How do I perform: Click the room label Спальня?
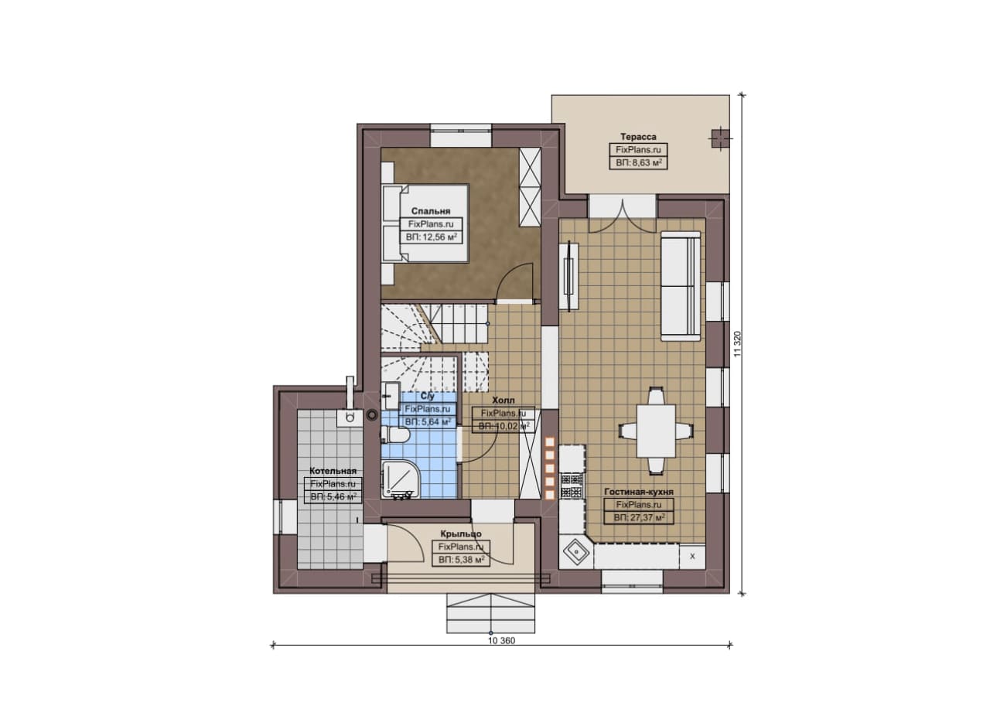[x=431, y=211]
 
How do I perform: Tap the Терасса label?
[x=638, y=137]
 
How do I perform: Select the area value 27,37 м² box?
[x=639, y=517]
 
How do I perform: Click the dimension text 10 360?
[x=502, y=641]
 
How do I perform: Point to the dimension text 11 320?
[x=736, y=344]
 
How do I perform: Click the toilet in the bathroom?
[x=394, y=434]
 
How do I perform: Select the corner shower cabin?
[x=400, y=480]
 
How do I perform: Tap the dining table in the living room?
[x=656, y=431]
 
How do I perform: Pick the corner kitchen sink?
[x=575, y=551]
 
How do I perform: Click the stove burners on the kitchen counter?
[x=571, y=486]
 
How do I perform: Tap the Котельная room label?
[x=333, y=471]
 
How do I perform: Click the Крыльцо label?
[x=461, y=533]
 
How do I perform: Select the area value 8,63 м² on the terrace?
[x=639, y=162]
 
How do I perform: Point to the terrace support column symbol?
[x=719, y=138]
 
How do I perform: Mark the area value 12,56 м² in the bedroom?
[x=432, y=237]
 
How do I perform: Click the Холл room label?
[x=504, y=400]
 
